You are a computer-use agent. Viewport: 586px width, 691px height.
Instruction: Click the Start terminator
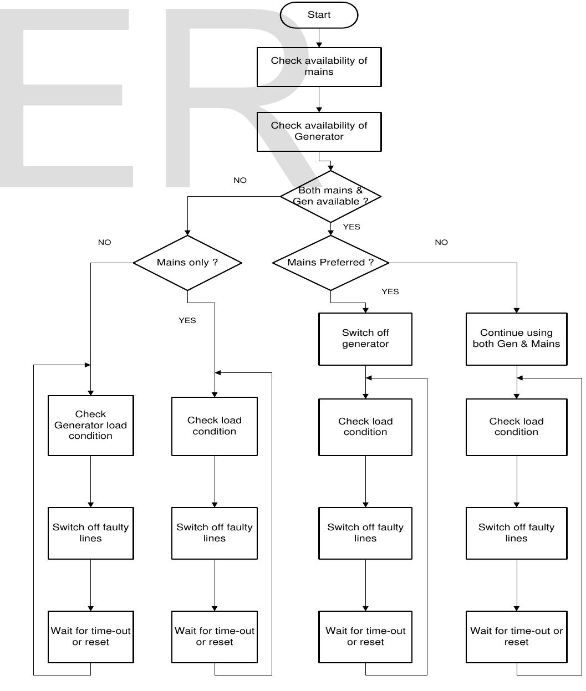319,15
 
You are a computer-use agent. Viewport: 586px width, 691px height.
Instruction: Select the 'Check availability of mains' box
319,66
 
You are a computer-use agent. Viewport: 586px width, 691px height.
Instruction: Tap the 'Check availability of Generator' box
319,131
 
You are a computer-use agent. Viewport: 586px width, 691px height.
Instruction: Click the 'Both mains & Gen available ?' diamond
330,196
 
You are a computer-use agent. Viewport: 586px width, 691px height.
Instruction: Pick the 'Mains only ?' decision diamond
187,263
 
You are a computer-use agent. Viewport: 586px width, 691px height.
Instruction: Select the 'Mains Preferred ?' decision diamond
330,263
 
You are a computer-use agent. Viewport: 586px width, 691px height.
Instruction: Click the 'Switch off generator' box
365,339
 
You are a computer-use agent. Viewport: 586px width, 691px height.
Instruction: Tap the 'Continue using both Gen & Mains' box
516,339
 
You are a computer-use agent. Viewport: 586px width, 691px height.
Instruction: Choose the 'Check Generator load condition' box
91,425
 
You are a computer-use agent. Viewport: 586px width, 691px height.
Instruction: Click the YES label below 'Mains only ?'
187,320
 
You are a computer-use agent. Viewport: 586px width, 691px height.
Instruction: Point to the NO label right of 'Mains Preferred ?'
441,242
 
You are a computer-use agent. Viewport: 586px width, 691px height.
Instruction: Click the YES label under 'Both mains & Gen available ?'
351,227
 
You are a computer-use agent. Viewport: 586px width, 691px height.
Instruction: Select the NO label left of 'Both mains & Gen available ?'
240,180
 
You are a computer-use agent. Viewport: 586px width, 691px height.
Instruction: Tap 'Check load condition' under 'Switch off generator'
365,427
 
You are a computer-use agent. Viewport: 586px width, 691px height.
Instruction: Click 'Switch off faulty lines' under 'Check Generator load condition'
91,533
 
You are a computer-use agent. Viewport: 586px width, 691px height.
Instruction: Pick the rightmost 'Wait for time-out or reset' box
516,637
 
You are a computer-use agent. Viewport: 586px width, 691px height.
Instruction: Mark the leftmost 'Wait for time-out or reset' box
91,637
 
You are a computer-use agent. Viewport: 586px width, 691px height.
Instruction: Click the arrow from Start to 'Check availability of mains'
319,38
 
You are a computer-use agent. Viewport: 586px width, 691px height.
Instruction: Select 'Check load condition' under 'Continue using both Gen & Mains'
516,427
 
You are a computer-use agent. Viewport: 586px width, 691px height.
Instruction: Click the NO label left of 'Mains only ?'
104,242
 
